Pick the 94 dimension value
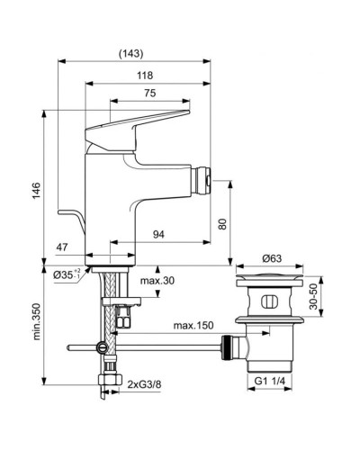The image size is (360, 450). click(157, 234)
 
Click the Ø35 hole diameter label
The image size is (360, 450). click(68, 274)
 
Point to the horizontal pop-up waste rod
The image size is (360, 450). click(162, 346)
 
